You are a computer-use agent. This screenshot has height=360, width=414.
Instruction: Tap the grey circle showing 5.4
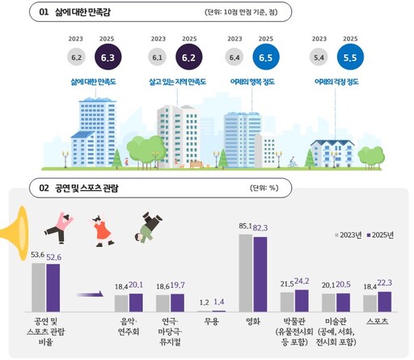319,57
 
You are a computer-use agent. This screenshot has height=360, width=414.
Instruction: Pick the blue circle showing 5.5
349,57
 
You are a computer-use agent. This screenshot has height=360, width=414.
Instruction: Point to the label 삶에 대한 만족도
95,82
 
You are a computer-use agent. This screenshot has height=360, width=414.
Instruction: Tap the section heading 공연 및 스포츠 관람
87,188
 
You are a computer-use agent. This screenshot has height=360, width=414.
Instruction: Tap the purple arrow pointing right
92,294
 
